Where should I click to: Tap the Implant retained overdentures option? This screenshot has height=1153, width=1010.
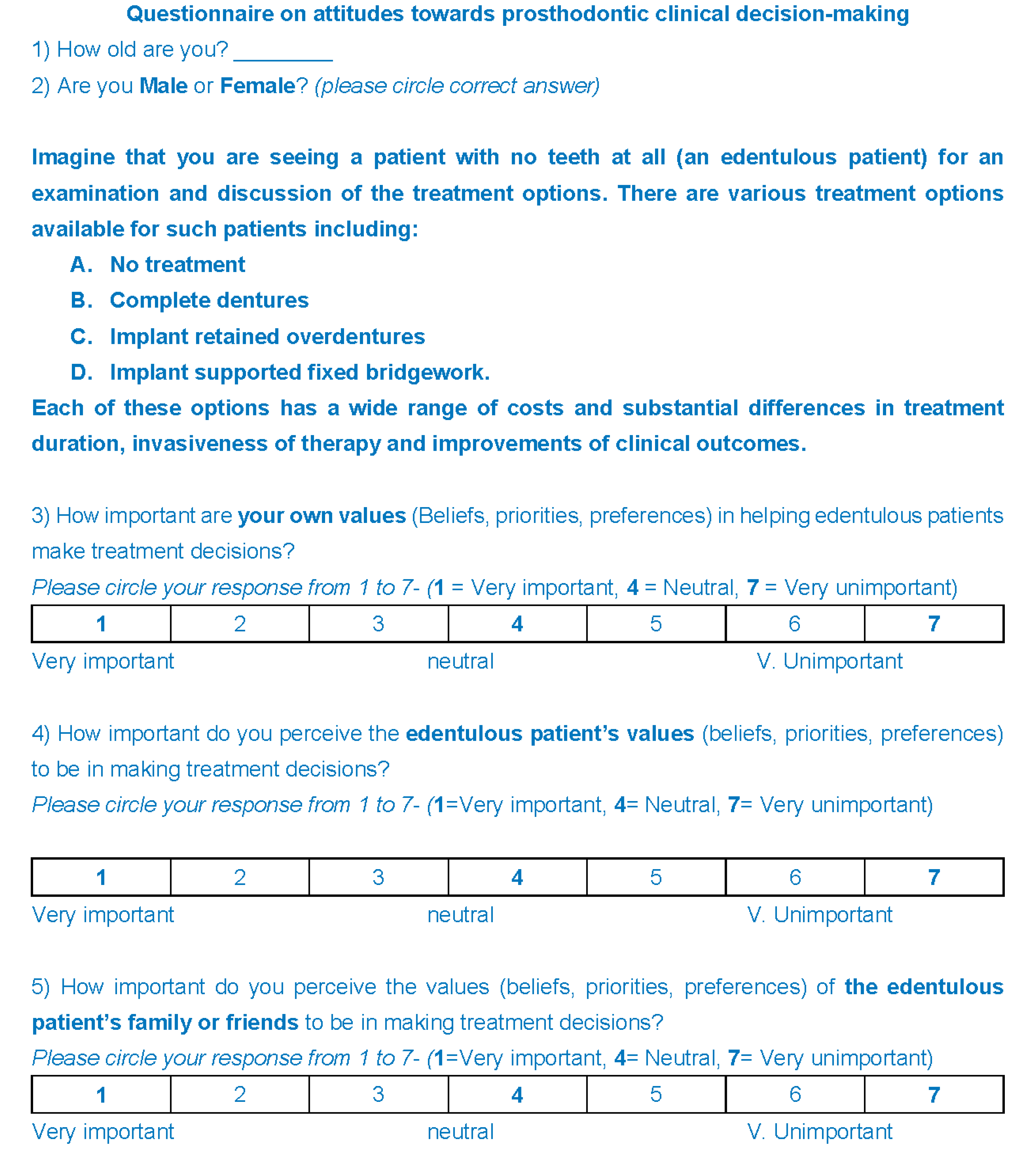coord(267,336)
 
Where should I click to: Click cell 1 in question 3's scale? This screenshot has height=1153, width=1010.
coord(101,623)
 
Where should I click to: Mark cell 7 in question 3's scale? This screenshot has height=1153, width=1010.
coord(934,623)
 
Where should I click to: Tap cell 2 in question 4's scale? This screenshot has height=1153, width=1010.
coord(239,877)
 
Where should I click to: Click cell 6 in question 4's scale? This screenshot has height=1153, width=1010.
coord(795,877)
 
